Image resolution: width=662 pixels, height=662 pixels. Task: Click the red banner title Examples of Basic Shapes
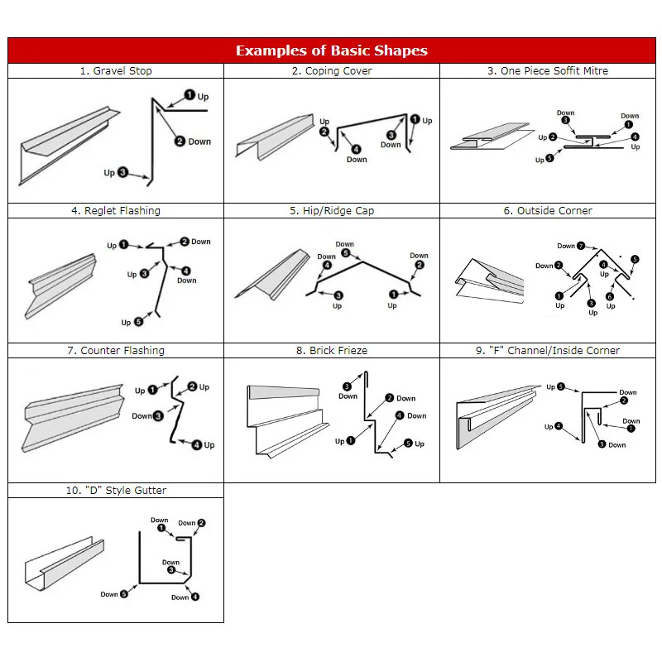[x=331, y=50]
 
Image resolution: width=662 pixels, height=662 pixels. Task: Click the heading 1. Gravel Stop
[x=116, y=71]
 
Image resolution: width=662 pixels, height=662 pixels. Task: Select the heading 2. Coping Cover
[x=331, y=71]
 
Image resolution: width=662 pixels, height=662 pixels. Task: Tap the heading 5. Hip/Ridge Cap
[x=331, y=211]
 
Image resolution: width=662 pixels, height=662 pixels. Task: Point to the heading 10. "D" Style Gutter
[x=116, y=491]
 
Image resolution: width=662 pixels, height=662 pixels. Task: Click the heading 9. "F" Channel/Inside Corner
[x=547, y=351]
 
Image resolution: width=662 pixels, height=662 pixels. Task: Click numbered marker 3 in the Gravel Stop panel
[x=122, y=172]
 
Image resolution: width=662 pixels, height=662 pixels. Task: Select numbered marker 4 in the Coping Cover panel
[x=356, y=149]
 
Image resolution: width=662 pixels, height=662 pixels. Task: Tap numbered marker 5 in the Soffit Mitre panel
[x=550, y=158]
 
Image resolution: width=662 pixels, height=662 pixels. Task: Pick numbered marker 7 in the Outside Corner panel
[x=582, y=246]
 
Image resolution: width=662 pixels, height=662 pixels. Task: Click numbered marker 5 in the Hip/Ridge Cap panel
[x=346, y=253]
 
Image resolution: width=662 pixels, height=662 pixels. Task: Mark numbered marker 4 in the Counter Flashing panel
[x=197, y=444]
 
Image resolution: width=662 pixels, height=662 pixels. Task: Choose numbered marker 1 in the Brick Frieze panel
[x=352, y=441]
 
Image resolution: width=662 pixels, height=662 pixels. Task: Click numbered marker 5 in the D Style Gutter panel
[x=124, y=593]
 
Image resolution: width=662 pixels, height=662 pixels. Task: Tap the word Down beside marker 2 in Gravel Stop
[x=199, y=142]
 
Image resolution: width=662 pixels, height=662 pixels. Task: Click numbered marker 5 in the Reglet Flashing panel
[x=137, y=322]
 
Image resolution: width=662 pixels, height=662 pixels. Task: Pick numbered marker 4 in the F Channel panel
[x=559, y=427]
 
